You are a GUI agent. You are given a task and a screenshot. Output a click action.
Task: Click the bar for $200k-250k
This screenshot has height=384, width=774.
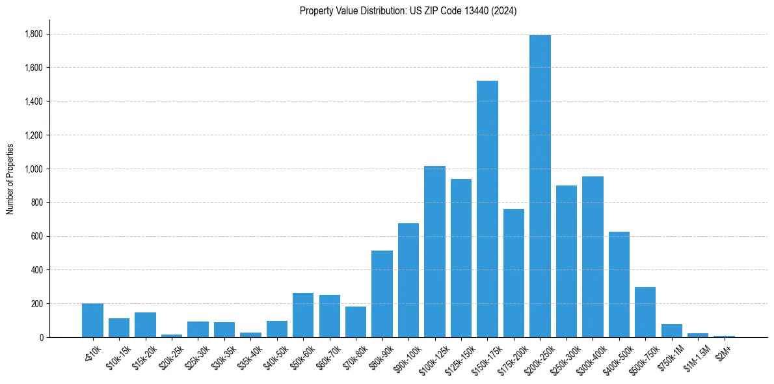click(x=540, y=186)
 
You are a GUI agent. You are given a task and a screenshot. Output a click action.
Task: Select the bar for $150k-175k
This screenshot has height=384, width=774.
click(x=487, y=209)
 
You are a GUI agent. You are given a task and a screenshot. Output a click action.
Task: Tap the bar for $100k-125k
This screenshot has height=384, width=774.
click(x=434, y=252)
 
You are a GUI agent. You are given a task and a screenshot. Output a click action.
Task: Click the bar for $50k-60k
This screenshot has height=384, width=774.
click(x=303, y=315)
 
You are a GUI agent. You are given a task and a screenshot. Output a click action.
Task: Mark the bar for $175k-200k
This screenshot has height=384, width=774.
click(x=514, y=273)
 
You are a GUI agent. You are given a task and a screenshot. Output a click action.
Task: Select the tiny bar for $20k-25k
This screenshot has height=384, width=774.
click(x=172, y=336)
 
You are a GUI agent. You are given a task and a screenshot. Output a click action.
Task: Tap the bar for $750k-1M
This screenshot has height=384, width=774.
click(x=672, y=331)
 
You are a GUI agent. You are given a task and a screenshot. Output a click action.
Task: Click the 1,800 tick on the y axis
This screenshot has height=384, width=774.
click(x=34, y=34)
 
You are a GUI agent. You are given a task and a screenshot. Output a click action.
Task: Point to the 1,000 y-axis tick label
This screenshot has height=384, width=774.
click(x=34, y=169)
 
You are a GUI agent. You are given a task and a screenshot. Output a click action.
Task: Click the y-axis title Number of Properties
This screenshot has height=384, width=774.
click(x=10, y=179)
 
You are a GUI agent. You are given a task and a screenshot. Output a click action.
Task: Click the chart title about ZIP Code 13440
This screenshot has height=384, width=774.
click(x=408, y=11)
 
